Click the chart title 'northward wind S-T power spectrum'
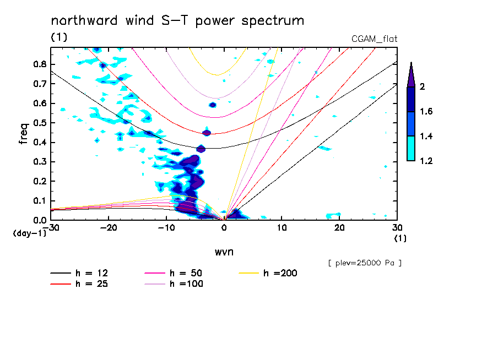coord(177,21)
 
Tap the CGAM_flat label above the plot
coord(375,39)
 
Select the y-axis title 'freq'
coord(23,134)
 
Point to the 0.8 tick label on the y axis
coord(40,64)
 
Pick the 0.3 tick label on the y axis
coord(40,162)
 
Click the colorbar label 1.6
coord(426,112)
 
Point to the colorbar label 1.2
coord(426,161)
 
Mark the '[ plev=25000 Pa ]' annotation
coord(365,263)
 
